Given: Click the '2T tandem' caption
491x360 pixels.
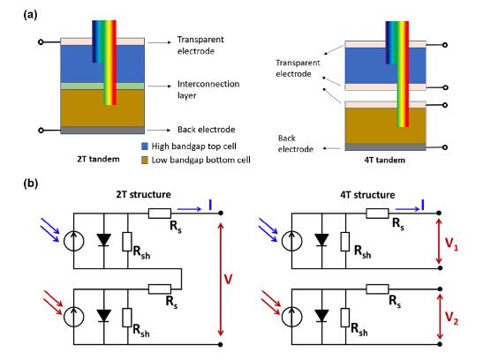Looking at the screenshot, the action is click(98, 159).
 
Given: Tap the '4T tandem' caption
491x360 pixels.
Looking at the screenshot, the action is click(384, 160).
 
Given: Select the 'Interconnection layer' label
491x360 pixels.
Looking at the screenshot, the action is click(208, 89).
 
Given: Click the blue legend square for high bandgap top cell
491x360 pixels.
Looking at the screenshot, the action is click(145, 146).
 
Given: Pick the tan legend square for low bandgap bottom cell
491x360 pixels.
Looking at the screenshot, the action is click(145, 160).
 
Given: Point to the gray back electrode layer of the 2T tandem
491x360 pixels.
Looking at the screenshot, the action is click(102, 130).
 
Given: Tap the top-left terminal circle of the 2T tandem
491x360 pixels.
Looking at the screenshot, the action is click(41, 41).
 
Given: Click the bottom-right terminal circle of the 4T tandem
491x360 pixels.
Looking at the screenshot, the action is click(445, 147).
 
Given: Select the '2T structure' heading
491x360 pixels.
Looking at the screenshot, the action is click(143, 194).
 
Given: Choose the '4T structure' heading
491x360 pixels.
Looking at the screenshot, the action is click(367, 195).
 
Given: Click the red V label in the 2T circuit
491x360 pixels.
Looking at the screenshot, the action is click(228, 279).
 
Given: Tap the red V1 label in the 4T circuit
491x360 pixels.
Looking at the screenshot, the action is click(451, 244).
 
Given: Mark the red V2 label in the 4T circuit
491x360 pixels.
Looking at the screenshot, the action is click(451, 318).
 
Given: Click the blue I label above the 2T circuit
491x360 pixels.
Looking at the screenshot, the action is click(210, 206).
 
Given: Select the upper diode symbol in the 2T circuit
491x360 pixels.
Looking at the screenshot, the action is click(103, 240).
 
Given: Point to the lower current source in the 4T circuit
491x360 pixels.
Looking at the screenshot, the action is click(291, 316).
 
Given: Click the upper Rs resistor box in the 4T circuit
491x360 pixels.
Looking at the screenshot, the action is click(377, 214).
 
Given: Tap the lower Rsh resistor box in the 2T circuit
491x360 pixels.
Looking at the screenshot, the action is click(127, 318).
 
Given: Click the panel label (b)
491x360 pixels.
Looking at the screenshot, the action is click(31, 184).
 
